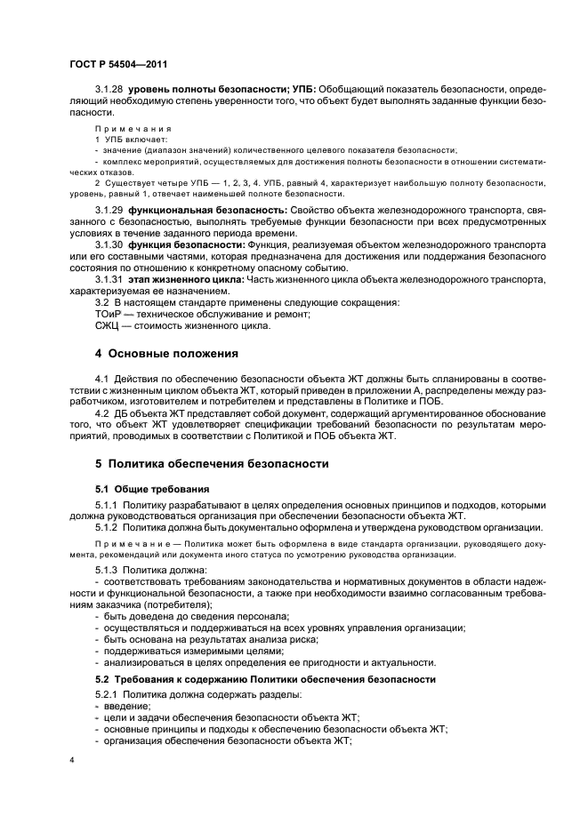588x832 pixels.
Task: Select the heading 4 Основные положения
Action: [166, 353]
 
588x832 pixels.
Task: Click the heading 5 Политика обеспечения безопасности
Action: [212, 463]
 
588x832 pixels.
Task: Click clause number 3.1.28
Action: [109, 92]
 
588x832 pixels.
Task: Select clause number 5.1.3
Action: [109, 568]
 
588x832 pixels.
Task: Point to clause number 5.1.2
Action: [109, 527]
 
